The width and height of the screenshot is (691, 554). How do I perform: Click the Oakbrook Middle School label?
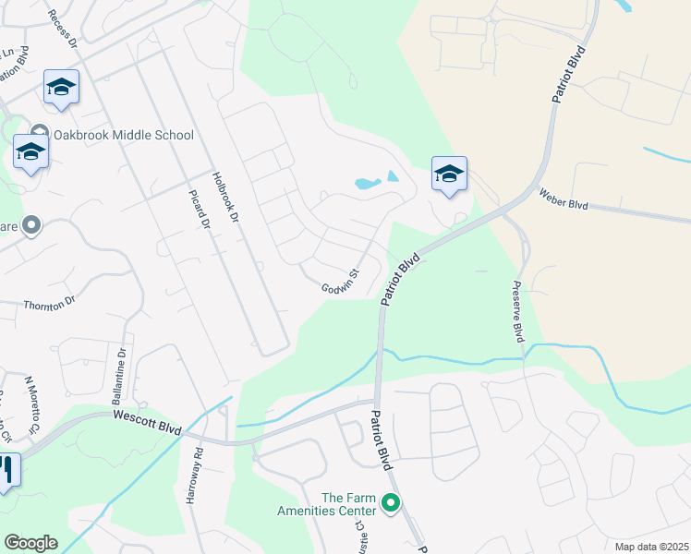point(123,135)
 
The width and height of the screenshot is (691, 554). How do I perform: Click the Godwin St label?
point(339,280)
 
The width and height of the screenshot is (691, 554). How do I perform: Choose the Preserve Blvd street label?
point(518,311)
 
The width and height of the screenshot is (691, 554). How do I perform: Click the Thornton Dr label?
point(48,306)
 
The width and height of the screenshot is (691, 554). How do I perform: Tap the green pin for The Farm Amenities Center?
point(391,504)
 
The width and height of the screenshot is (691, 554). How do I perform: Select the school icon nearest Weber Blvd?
point(449,174)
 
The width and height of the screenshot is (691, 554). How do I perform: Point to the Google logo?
point(30,543)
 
